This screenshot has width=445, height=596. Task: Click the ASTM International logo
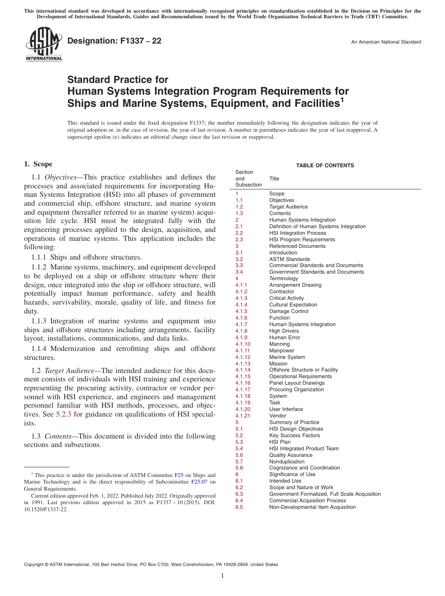pyautogui.click(x=43, y=45)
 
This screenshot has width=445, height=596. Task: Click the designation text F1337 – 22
pyautogui.click(x=114, y=41)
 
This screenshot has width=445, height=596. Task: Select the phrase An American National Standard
pyautogui.click(x=386, y=42)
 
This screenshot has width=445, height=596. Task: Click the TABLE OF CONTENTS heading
pyautogui.click(x=325, y=165)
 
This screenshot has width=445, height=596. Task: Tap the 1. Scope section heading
pyautogui.click(x=38, y=164)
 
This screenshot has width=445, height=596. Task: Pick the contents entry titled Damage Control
pyautogui.click(x=289, y=311)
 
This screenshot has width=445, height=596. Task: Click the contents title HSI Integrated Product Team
pyautogui.click(x=304, y=448)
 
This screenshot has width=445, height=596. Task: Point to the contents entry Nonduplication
pyautogui.click(x=287, y=462)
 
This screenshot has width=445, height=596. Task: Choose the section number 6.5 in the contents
pyautogui.click(x=239, y=507)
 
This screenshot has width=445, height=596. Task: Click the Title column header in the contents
pyautogui.click(x=274, y=179)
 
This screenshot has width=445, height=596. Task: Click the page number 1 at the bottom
pyautogui.click(x=222, y=576)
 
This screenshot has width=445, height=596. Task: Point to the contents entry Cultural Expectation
pyautogui.click(x=293, y=305)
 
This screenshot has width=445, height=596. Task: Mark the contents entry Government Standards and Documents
pyautogui.click(x=316, y=272)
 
